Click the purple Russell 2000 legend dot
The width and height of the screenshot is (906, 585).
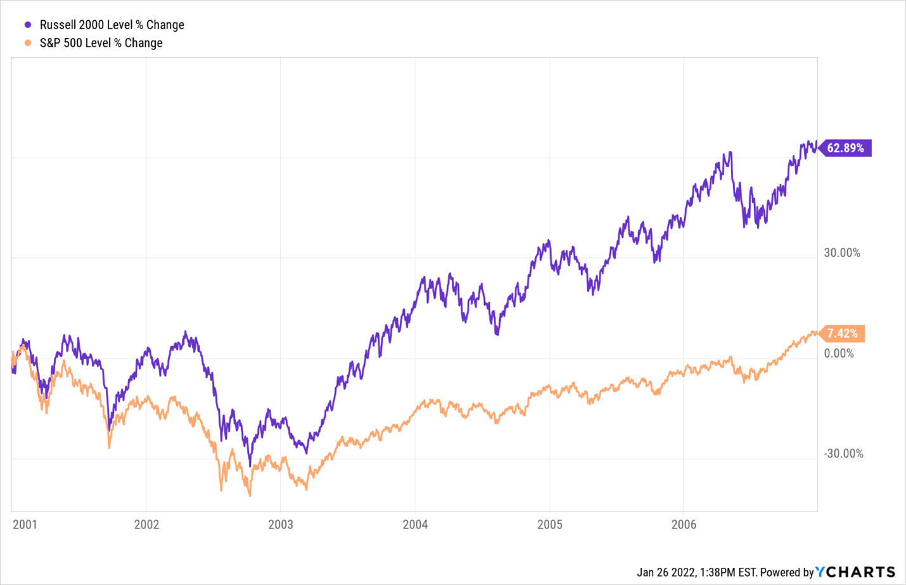click(28, 25)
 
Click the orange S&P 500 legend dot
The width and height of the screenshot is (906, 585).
click(28, 43)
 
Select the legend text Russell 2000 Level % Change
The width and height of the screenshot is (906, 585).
click(112, 25)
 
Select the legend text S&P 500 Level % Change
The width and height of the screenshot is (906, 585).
click(101, 43)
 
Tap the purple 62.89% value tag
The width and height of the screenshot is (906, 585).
click(845, 148)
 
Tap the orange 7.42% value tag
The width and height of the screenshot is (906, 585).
click(842, 333)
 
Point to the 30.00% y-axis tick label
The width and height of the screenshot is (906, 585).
click(842, 253)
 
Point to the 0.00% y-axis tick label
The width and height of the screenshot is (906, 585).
click(839, 353)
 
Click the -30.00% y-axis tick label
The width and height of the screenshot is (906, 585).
click(843, 454)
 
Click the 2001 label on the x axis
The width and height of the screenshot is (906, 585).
click(25, 524)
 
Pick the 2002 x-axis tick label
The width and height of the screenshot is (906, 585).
click(146, 524)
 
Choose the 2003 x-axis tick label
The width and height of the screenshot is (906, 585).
click(281, 524)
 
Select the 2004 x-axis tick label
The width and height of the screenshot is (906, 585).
click(415, 524)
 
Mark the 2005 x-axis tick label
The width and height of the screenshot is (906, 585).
click(549, 524)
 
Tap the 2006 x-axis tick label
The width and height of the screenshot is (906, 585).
click(684, 524)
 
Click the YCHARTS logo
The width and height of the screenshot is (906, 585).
click(855, 572)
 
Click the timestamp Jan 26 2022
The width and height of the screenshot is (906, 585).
click(666, 572)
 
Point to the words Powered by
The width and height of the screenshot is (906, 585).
click(786, 572)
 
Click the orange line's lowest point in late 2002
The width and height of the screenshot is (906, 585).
click(250, 495)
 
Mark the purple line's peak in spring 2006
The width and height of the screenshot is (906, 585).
click(731, 152)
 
